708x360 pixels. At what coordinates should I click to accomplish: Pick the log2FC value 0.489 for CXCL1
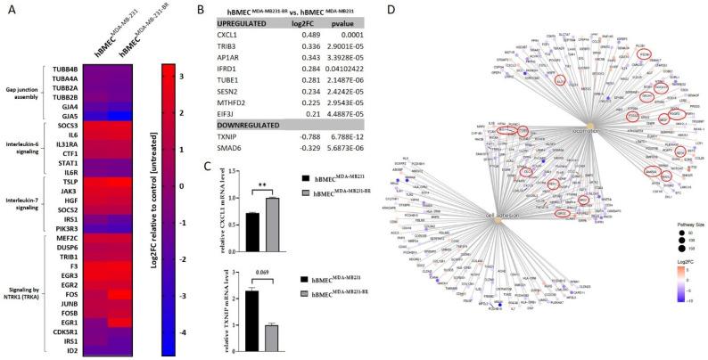click(307, 39)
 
